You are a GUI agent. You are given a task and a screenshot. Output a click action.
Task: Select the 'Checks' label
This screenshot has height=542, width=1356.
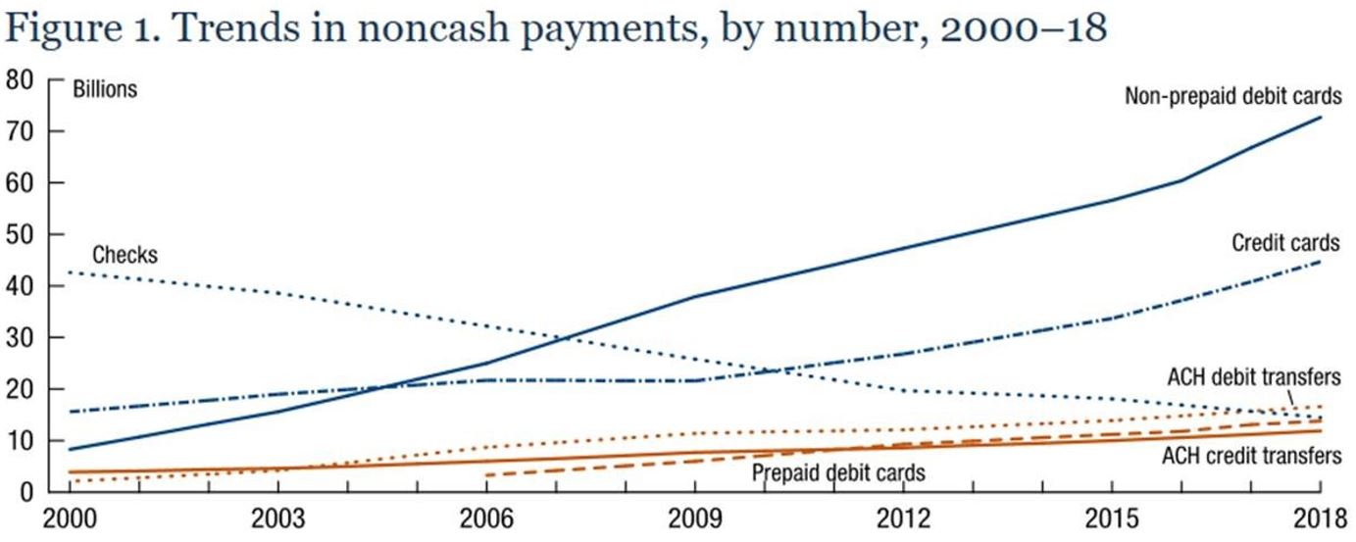click(125, 256)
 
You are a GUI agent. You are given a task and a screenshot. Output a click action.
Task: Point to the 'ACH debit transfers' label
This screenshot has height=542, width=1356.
click(1253, 376)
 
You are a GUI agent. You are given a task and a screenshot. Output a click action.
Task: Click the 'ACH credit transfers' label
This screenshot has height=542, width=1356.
click(1251, 456)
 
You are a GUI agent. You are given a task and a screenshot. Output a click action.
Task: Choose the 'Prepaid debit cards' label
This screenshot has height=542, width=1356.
click(838, 473)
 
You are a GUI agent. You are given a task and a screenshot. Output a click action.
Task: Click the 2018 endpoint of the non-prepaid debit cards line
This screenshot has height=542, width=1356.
click(1321, 118)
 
